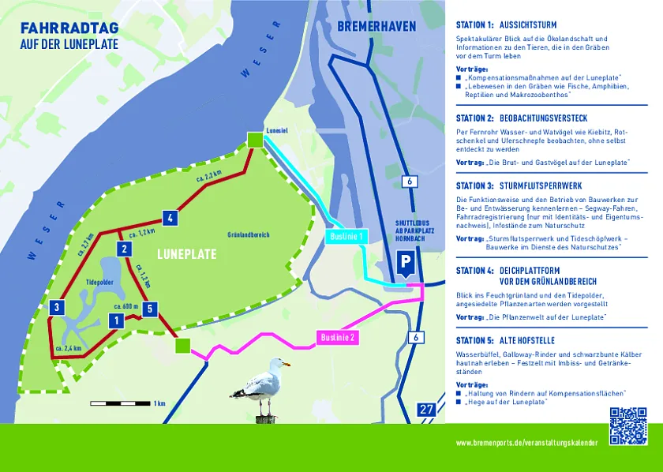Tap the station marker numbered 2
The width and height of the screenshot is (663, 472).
tap(124, 249)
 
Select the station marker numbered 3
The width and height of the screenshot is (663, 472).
tap(56, 308)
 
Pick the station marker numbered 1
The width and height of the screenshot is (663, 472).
tap(116, 320)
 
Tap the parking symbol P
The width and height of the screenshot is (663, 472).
tap(406, 263)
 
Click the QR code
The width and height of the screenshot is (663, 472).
tap(628, 425)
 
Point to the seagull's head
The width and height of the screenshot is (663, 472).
tap(276, 365)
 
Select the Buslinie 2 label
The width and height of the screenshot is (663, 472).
tap(340, 338)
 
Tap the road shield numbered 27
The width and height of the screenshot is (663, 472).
tap(426, 409)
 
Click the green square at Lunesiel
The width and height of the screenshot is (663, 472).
tap(254, 140)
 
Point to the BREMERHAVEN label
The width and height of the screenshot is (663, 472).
tap(376, 27)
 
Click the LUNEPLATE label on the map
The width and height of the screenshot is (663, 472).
tap(186, 255)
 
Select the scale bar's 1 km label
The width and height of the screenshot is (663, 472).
tap(159, 403)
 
